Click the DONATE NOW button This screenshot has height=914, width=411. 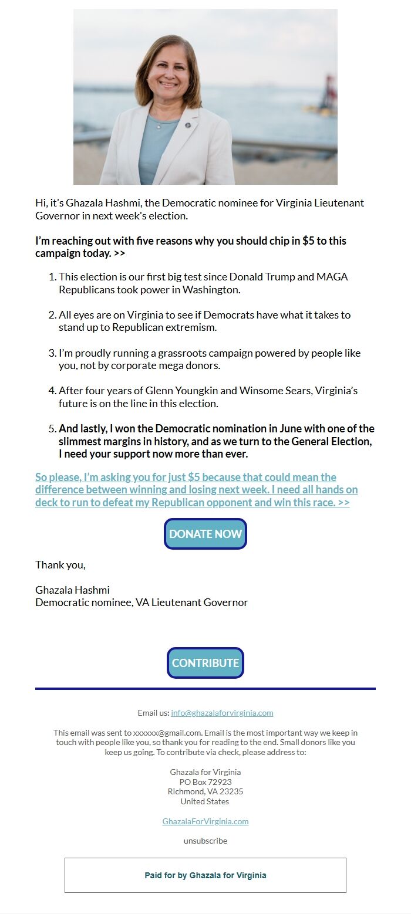pyautogui.click(x=206, y=534)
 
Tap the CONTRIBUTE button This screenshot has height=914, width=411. pyautogui.click(x=206, y=663)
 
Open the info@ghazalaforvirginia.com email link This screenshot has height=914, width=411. pyautogui.click(x=222, y=713)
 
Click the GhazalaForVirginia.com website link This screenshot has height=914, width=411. pyautogui.click(x=206, y=821)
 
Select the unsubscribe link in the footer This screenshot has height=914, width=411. pyautogui.click(x=206, y=841)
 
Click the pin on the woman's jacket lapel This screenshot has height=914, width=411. pyautogui.click(x=188, y=125)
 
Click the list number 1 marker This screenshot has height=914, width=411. pyautogui.click(x=52, y=277)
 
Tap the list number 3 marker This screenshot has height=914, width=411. pyautogui.click(x=52, y=353)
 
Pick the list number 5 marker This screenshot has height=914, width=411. pyautogui.click(x=52, y=429)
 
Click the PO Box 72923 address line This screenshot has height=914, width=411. pyautogui.click(x=206, y=782)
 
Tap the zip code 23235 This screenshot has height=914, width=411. pyautogui.click(x=231, y=791)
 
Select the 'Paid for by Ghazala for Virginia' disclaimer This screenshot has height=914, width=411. pyautogui.click(x=206, y=875)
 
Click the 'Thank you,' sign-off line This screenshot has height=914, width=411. pyautogui.click(x=60, y=565)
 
